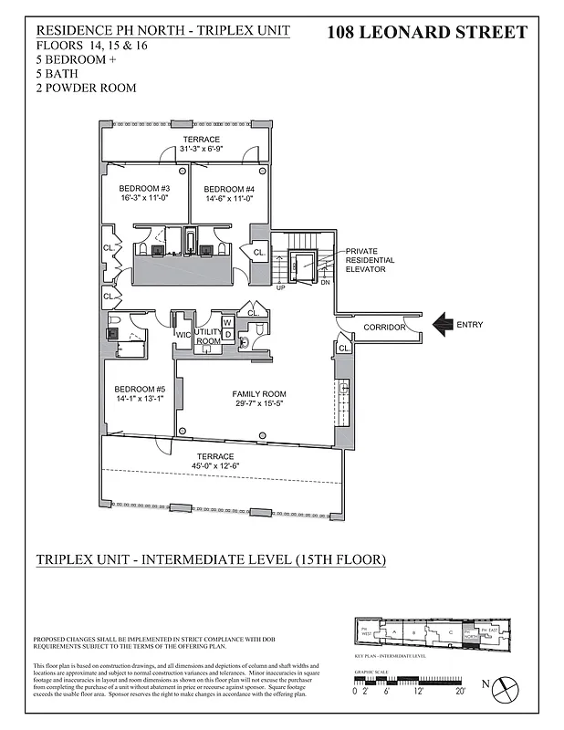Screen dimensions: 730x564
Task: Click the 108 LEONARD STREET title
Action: coord(426,33)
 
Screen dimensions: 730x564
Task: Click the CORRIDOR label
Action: coord(382,328)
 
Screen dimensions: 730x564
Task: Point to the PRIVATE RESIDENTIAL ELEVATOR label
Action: coord(370,260)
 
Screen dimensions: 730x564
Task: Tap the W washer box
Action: coord(227,322)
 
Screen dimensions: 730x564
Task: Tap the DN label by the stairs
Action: coord(325,282)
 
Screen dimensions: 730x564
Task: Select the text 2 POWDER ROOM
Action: coord(87,89)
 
